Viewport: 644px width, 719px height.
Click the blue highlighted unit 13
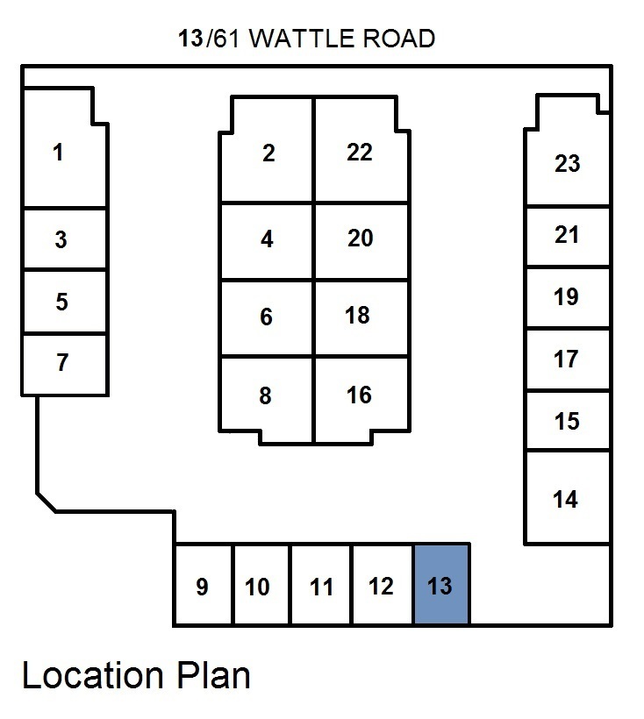440,584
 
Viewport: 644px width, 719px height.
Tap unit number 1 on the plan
59,153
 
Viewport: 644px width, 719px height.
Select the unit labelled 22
360,153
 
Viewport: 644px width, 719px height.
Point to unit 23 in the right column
568,163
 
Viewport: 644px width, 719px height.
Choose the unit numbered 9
202,586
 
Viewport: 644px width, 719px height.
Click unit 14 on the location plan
566,499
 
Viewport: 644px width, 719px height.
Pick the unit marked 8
266,396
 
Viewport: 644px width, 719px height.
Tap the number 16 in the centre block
359,395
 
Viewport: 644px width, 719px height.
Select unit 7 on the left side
61,363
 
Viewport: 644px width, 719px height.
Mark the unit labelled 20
360,238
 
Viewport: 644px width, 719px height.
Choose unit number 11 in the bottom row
322,586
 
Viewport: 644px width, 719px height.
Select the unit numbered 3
61,239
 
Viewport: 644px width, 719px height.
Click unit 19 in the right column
567,297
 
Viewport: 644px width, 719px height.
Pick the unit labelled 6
267,317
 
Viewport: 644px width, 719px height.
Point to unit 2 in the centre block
268,153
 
